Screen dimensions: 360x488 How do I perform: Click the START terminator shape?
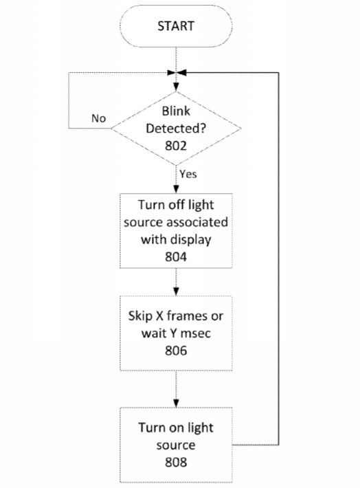[176, 26]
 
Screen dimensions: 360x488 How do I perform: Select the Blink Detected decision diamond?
[176, 129]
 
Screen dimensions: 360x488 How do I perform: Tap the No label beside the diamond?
[99, 118]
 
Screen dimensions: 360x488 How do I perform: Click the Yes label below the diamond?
[188, 174]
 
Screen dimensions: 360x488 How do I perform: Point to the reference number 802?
[176, 146]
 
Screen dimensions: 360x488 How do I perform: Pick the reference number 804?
[176, 257]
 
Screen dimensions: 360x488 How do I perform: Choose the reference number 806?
[176, 351]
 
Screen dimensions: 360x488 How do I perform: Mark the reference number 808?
[176, 462]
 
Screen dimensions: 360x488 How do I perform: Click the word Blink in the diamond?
[176, 111]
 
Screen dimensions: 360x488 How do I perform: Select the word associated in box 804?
[197, 222]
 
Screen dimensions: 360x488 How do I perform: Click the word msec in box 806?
[196, 333]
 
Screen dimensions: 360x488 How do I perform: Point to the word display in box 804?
[191, 240]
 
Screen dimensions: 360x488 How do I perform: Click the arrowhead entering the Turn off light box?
[176, 189]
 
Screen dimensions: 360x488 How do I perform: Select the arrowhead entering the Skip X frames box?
[176, 291]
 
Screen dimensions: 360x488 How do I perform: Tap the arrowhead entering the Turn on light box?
[176, 403]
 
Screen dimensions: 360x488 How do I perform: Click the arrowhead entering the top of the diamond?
[176, 87]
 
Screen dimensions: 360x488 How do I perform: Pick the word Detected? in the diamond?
[176, 129]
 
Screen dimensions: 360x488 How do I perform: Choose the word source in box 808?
[176, 445]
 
